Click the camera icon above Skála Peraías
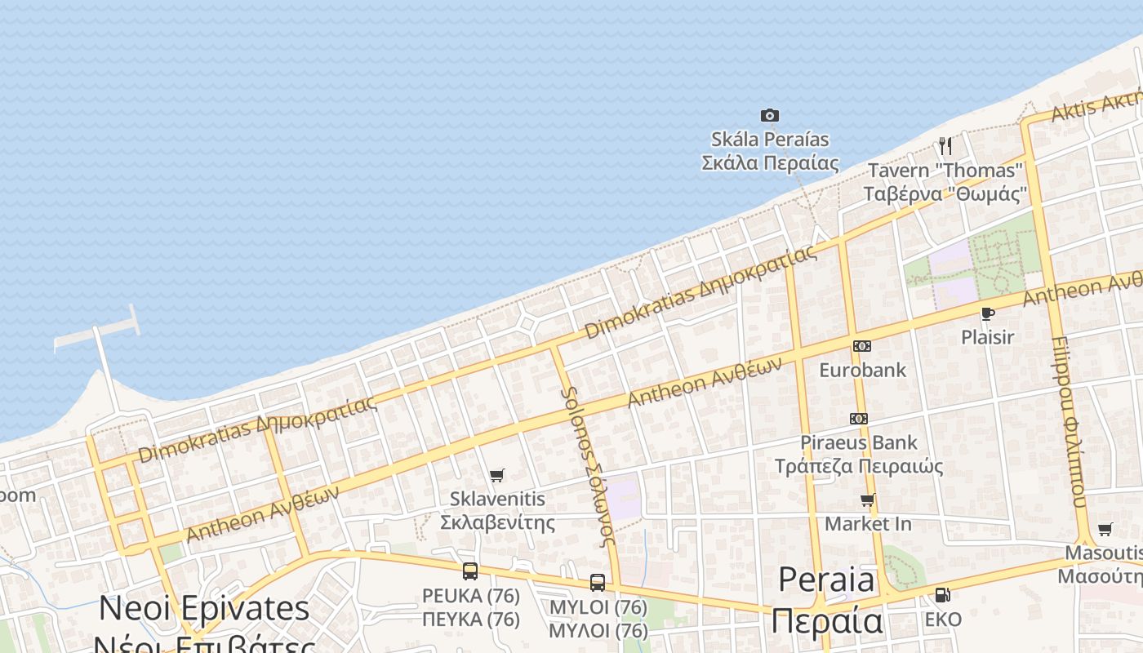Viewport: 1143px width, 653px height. coord(769,115)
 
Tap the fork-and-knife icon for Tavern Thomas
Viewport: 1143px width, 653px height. coord(945,146)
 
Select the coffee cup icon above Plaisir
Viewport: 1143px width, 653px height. coord(987,313)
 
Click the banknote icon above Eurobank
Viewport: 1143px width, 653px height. coord(861,346)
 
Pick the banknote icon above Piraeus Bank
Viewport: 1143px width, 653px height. coord(858,419)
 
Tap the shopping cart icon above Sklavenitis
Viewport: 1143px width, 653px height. coord(496,475)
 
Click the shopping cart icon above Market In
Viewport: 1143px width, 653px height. coord(867,500)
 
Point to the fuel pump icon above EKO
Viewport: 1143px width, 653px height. coord(942,595)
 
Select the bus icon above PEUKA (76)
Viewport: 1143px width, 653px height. coord(470,571)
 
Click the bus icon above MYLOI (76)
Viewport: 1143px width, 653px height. coord(598,583)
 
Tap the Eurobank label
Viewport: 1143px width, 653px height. coord(862,370)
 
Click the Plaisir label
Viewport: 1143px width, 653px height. coord(987,337)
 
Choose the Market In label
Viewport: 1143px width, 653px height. coord(868,523)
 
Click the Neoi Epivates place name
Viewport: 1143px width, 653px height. coord(204,609)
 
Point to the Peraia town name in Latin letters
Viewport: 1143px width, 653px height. coord(826,580)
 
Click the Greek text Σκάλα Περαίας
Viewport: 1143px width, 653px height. coord(770,162)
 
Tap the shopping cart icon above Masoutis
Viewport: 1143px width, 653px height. coord(1105,530)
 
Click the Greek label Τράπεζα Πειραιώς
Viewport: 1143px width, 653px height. coord(859,466)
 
